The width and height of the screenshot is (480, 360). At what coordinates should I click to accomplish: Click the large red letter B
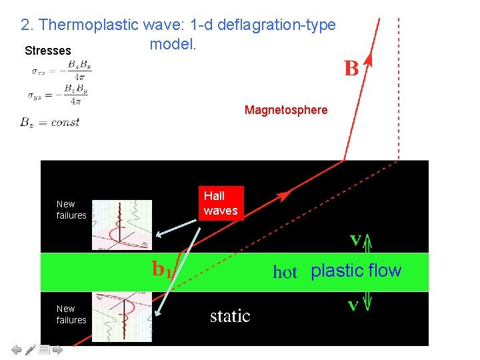pos(351,68)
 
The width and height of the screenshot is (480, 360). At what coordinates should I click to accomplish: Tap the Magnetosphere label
pos(286,110)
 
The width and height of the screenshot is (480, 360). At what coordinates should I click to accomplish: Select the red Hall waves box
pos(220,203)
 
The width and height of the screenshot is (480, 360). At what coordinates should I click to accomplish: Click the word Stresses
pos(47,51)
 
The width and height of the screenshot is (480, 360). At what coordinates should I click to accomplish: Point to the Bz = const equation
pos(50,122)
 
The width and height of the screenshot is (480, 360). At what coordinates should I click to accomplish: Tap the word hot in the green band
pos(285,272)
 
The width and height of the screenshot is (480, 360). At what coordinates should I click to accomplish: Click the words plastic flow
pos(356,271)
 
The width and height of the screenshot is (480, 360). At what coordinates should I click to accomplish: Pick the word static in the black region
pos(230,315)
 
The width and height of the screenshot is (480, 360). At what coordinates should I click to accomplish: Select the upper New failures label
pos(71,209)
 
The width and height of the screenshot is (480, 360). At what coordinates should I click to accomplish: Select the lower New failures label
pos(71,314)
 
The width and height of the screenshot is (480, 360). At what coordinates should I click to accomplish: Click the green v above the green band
pos(355,238)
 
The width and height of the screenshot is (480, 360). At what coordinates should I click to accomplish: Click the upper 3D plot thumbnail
pos(121,225)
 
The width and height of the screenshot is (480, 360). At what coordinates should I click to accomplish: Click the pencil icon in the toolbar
pos(31,349)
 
